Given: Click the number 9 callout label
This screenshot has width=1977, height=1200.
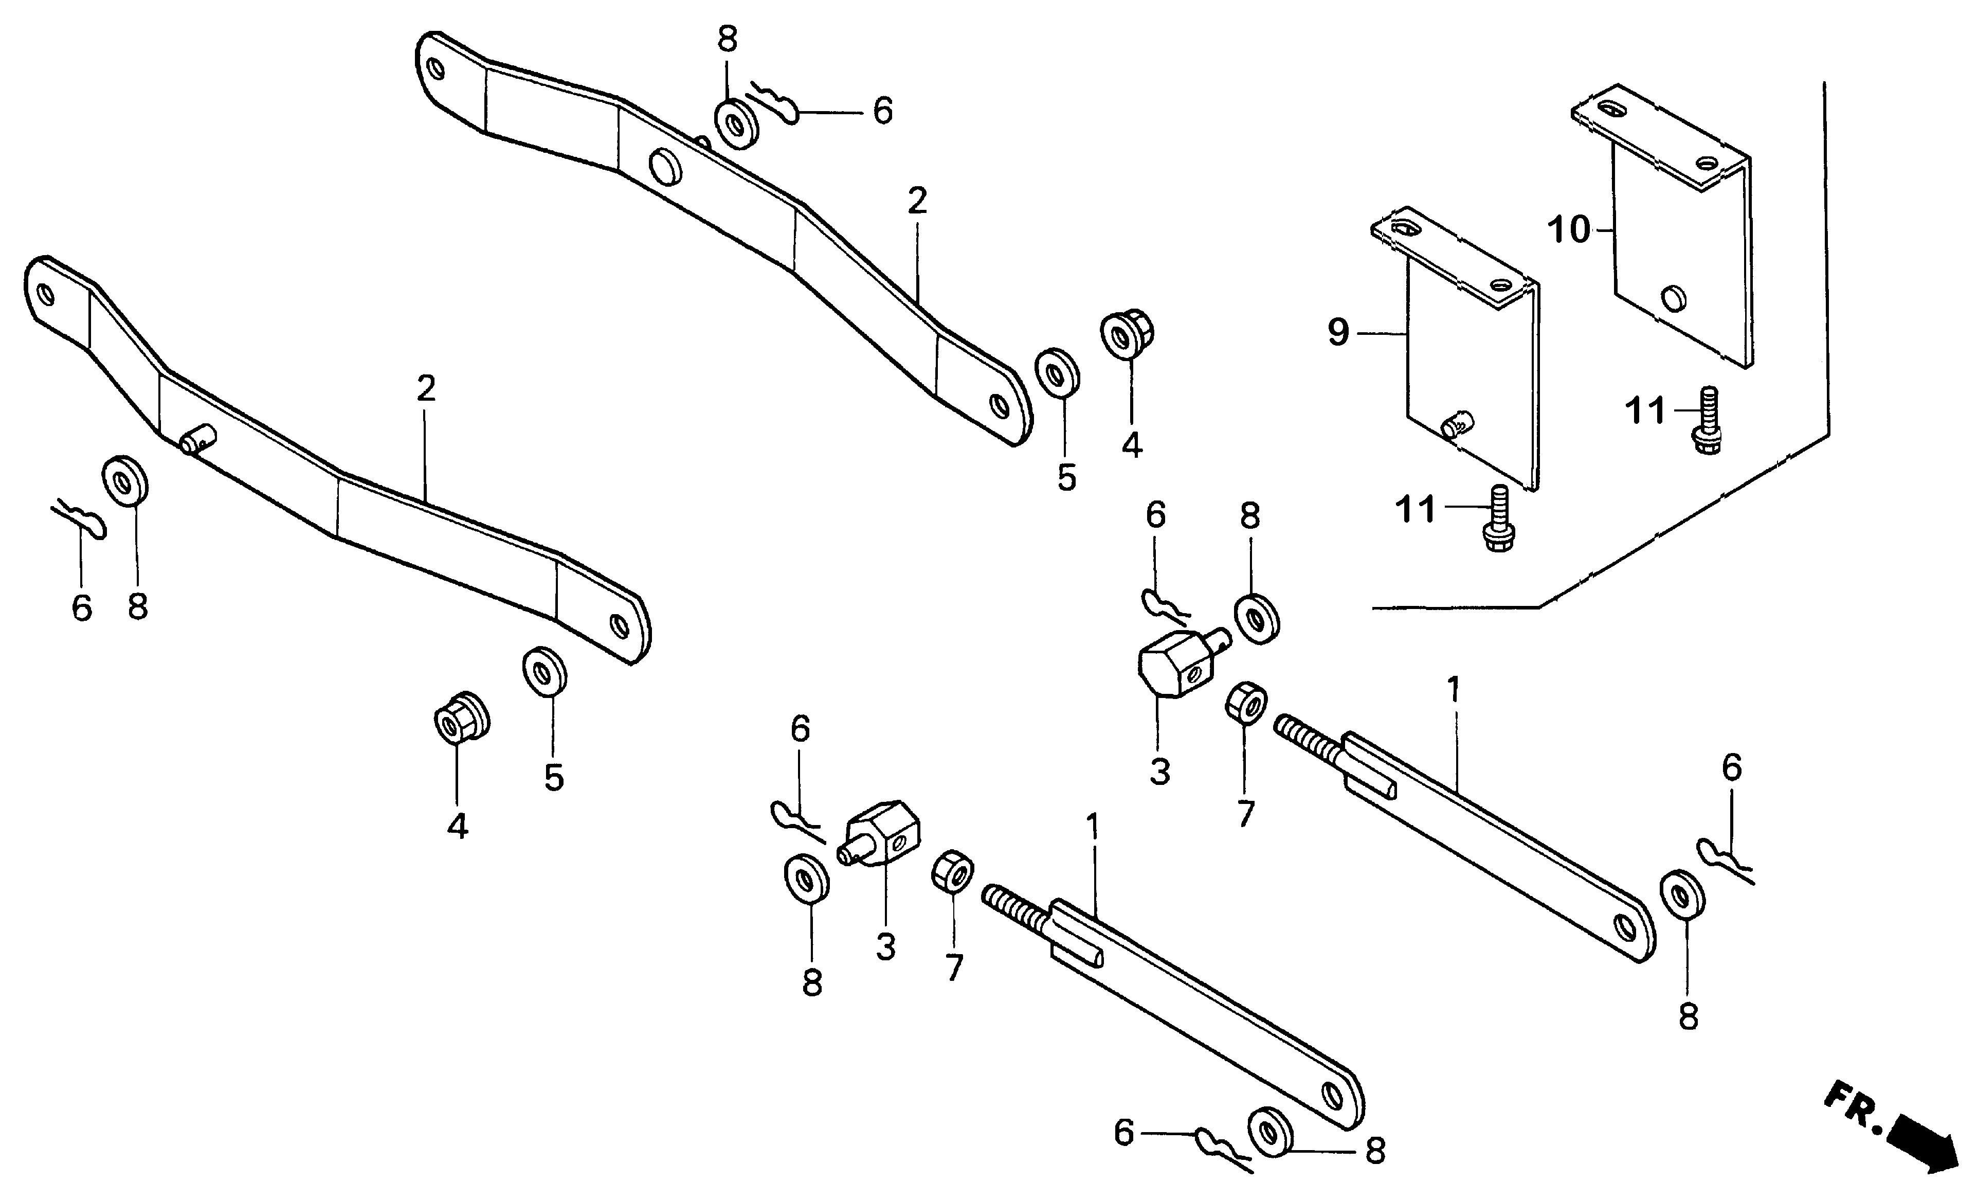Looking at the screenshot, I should coord(1337,332).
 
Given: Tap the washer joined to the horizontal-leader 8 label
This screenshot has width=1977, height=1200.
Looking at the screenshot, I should coord(1272,1133).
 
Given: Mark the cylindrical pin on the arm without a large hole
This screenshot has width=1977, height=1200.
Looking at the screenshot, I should coord(196,440).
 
